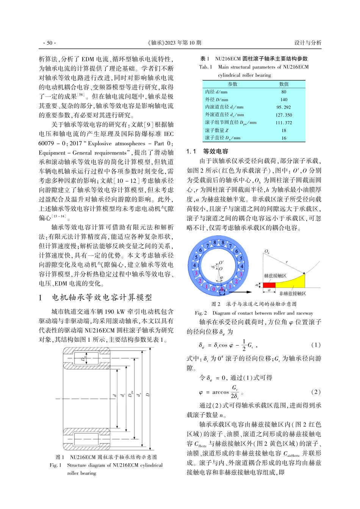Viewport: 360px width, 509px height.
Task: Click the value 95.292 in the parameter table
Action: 283,107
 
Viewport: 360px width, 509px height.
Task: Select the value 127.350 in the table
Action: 283,115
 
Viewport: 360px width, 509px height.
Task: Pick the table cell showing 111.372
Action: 283,123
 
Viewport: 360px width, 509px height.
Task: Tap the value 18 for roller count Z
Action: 283,130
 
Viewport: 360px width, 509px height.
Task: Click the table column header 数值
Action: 283,84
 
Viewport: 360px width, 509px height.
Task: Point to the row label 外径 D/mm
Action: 217,100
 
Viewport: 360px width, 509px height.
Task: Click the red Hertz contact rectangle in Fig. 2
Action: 269,285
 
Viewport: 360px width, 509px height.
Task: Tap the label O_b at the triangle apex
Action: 267,251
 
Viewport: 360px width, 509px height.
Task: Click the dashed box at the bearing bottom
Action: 222,291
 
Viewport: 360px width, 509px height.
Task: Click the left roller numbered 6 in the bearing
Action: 200,251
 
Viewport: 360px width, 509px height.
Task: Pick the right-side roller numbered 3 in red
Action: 241,274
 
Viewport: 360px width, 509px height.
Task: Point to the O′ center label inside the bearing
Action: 222,262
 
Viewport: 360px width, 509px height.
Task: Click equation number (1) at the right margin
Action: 316,345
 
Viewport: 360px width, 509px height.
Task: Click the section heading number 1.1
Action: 191,151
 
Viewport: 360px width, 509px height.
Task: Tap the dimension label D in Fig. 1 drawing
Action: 148,395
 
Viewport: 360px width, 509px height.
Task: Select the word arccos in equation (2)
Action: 220,392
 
